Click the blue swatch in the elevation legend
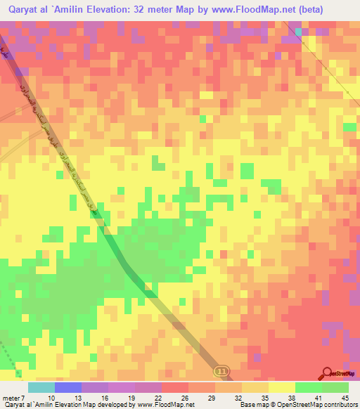pyautogui.click(x=67, y=387)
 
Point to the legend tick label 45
pyautogui.click(x=345, y=398)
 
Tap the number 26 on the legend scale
pyautogui.click(x=185, y=398)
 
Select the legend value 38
pyautogui.click(x=292, y=398)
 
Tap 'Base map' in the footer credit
pyautogui.click(x=252, y=405)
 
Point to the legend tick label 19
pyautogui.click(x=131, y=398)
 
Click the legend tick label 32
pyautogui.click(x=238, y=398)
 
